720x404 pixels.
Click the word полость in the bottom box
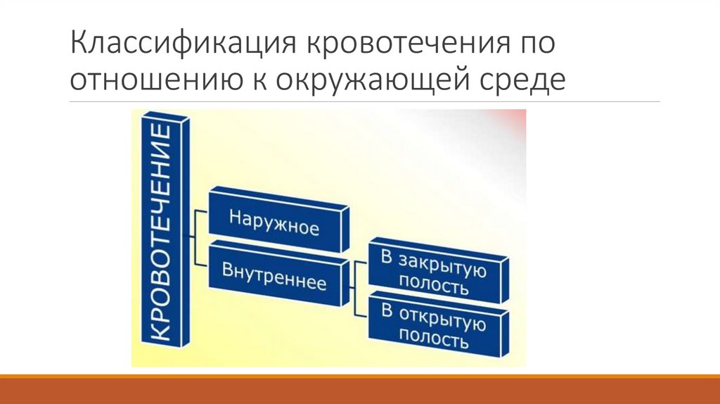tap(434, 341)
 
